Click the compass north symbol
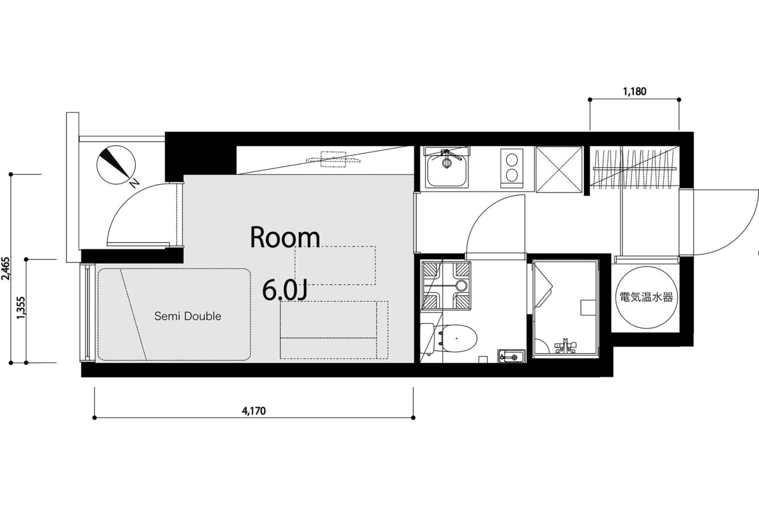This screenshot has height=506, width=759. click(116, 165)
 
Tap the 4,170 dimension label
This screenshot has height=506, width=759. click(253, 411)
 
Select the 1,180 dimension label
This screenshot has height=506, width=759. click(635, 91)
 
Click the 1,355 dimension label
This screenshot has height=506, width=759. click(21, 307)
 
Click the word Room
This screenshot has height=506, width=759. click(285, 237)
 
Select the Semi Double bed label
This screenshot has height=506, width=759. click(188, 316)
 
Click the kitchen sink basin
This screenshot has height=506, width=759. click(447, 171)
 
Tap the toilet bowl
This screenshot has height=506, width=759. click(458, 338)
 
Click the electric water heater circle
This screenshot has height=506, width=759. click(646, 297)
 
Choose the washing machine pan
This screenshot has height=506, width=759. click(446, 285)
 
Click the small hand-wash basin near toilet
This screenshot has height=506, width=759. click(511, 357)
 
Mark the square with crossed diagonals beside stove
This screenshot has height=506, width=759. click(559, 169)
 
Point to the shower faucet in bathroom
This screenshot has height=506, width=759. click(565, 346)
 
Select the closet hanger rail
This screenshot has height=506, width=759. click(635, 168)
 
